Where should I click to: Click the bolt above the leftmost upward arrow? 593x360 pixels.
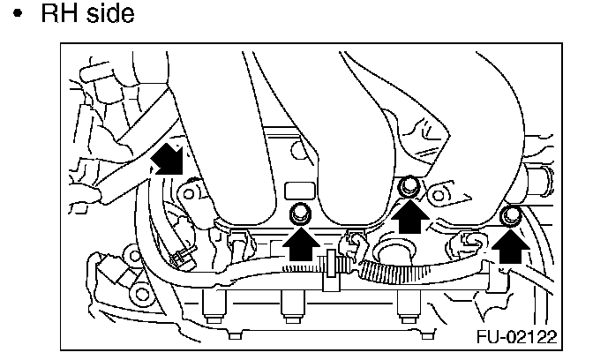coord(300,212)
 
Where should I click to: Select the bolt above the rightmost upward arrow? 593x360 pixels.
coord(509,216)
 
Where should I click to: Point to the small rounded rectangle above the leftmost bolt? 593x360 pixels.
coord(299,190)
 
